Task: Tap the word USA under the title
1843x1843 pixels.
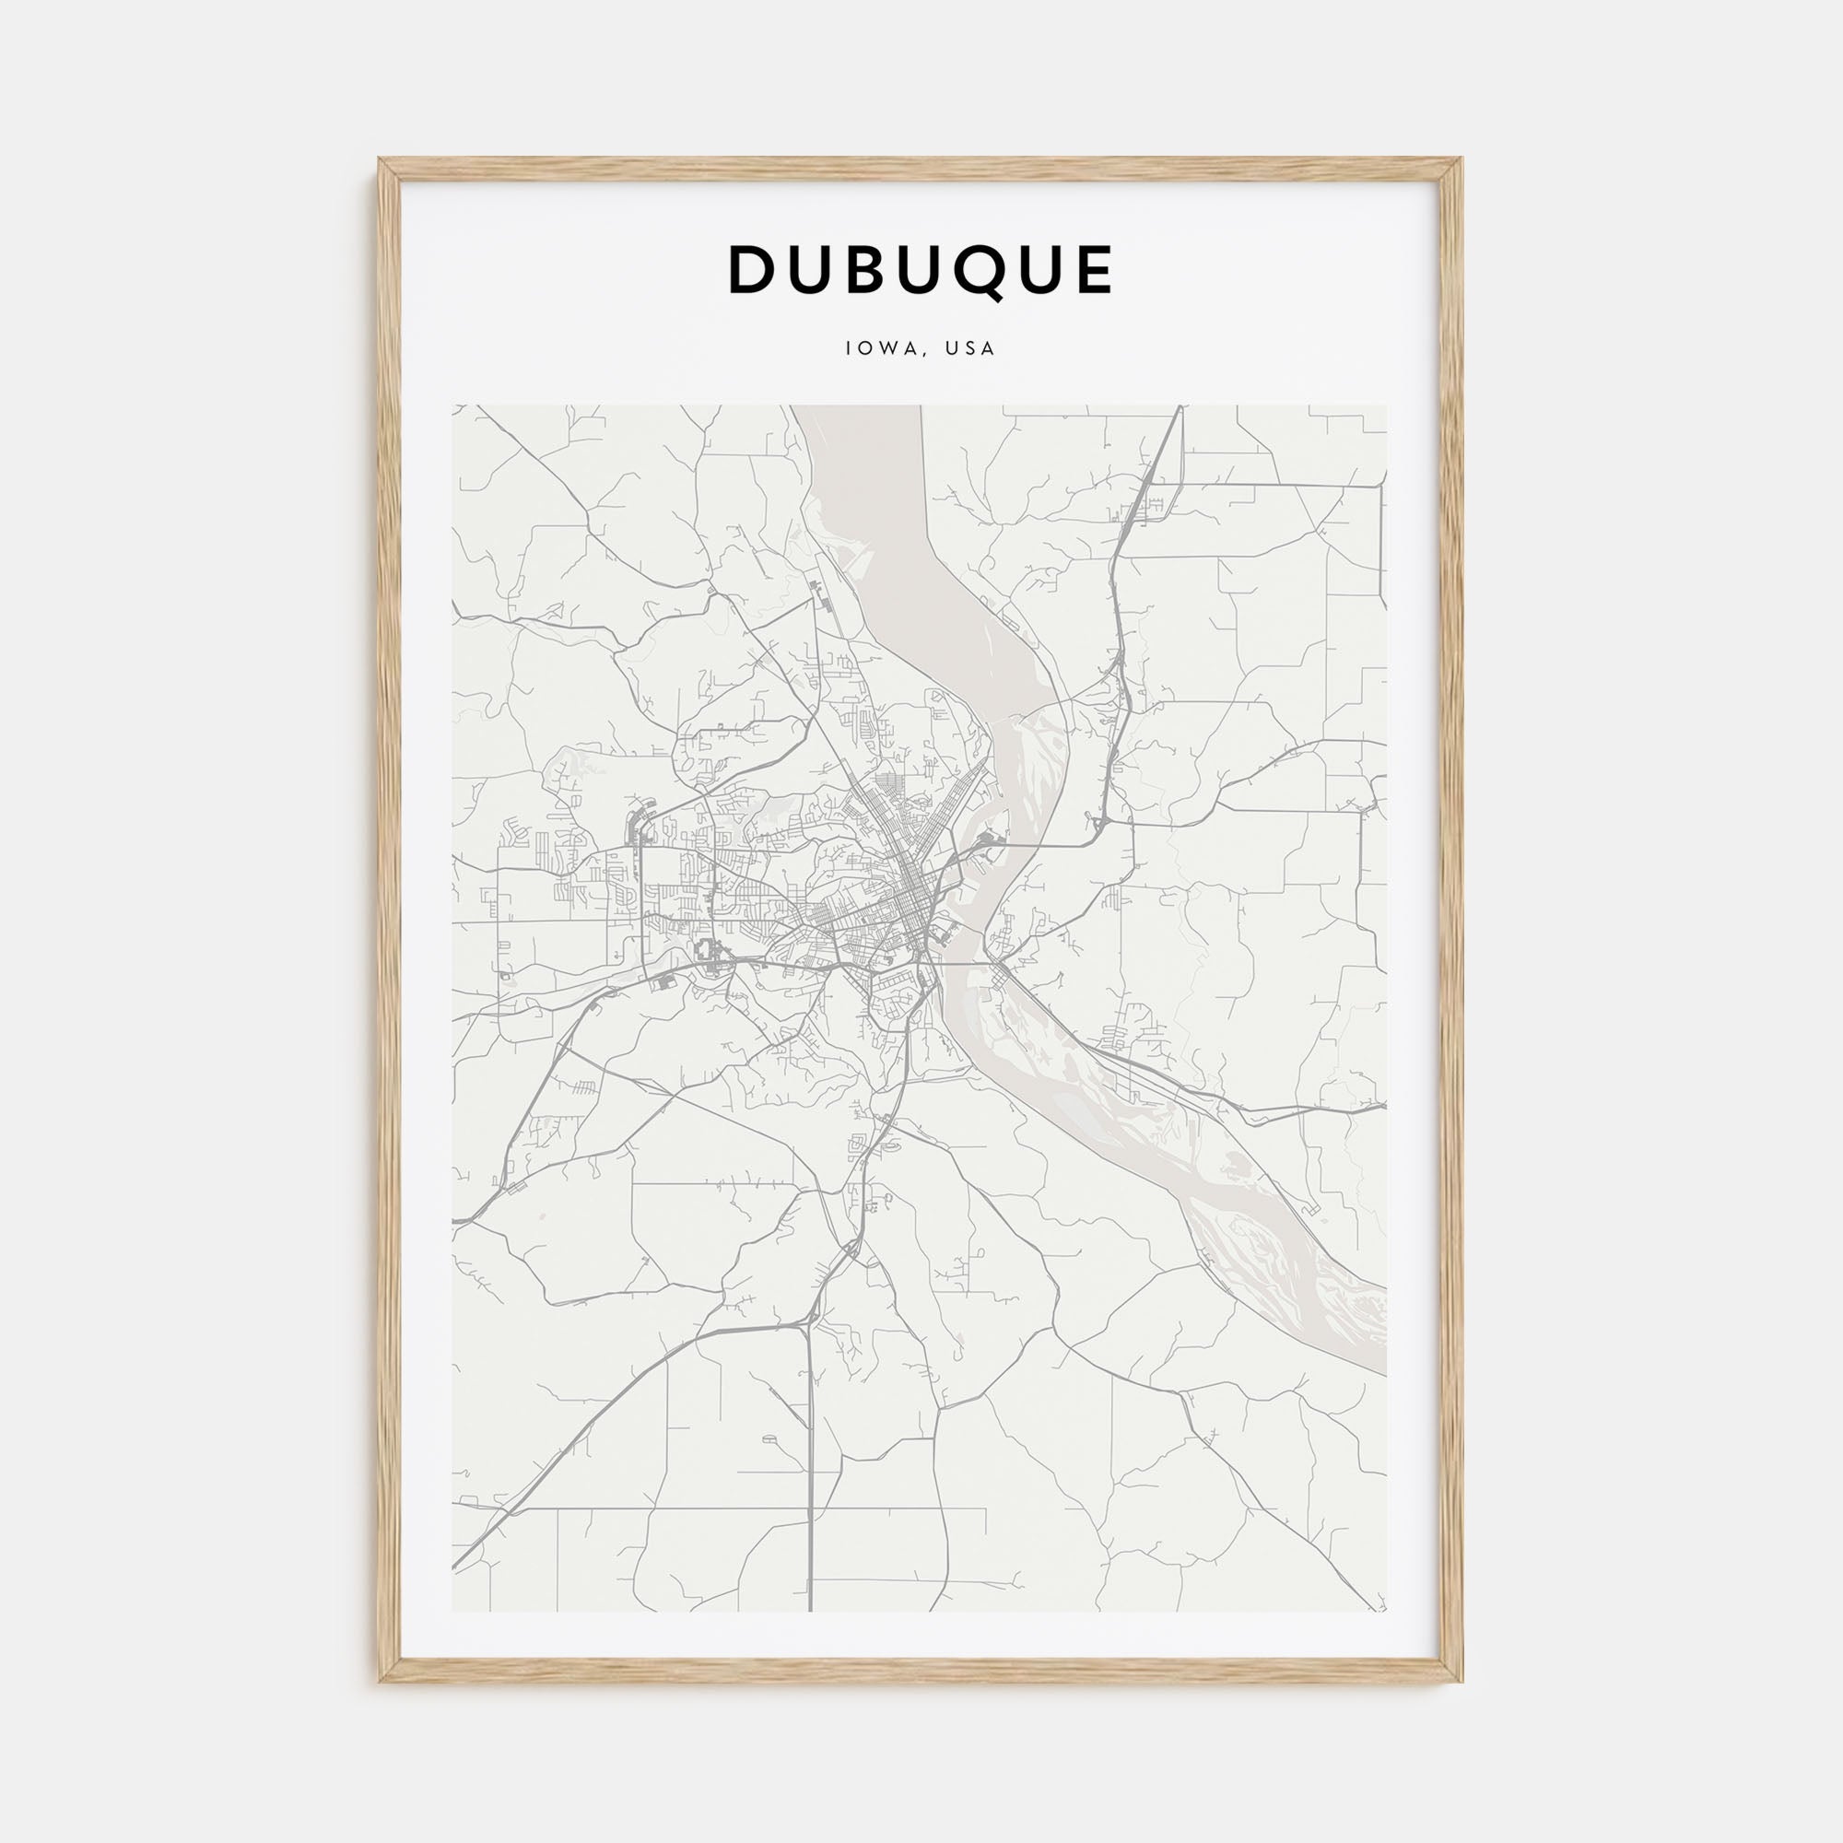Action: click(970, 348)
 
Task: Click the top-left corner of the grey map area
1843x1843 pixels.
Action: click(453, 406)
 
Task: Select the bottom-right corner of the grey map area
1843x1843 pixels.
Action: click(1386, 1611)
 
